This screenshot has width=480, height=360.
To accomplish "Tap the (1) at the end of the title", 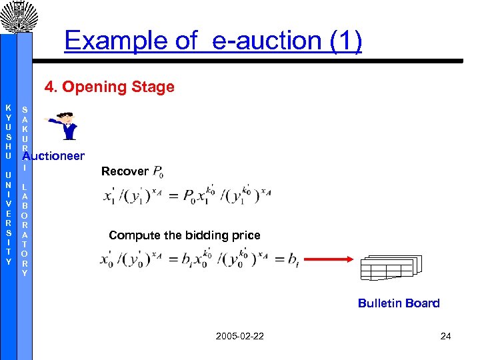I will click(345, 41).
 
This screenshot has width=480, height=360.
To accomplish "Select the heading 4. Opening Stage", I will click(109, 87).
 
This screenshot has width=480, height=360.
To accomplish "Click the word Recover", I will click(125, 171).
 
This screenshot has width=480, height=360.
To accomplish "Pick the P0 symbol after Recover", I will click(158, 172).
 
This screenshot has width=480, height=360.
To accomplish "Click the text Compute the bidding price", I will click(185, 235).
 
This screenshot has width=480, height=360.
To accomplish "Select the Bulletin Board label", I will click(399, 303).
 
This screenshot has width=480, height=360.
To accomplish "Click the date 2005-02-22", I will click(240, 336).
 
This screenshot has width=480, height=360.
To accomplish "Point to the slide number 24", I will click(445, 336).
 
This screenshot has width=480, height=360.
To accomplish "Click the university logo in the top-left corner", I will click(17, 17).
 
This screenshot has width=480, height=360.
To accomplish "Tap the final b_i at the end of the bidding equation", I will click(292, 261).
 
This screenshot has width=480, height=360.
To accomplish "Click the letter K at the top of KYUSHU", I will click(8, 108).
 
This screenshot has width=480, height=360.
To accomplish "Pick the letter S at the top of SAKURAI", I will click(25, 109).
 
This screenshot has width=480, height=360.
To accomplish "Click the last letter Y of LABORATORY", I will click(25, 273).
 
